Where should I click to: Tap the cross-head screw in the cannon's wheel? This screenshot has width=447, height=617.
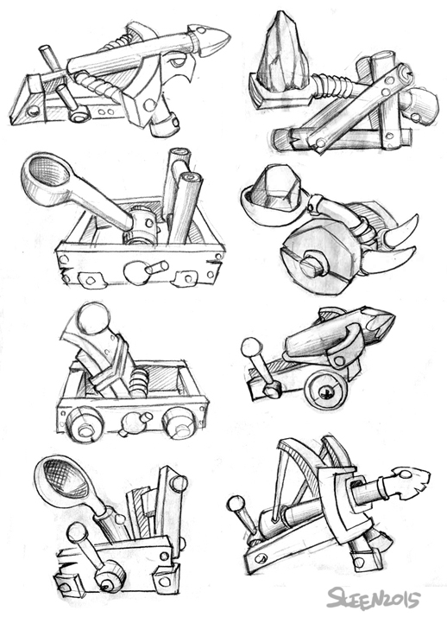(326, 391)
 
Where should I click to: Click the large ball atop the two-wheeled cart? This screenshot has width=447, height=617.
(93, 319)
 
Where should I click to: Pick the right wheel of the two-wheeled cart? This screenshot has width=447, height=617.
(179, 423)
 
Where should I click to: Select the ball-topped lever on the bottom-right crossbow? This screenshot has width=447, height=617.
(243, 517)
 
